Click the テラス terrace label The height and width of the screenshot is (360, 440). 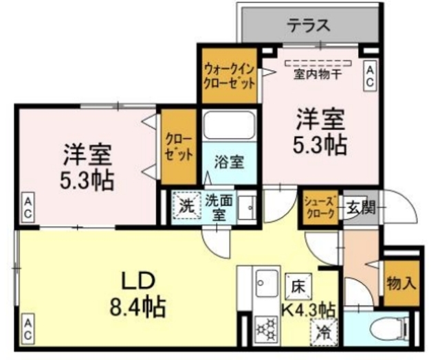tap(307, 26)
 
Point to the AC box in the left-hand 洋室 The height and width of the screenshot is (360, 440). tap(28, 208)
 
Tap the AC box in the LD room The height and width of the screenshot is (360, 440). tap(28, 325)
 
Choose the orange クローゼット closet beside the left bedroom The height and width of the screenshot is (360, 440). tap(179, 146)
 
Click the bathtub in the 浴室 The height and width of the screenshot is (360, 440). tap(229, 126)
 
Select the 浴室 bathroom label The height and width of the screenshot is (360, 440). tap(229, 163)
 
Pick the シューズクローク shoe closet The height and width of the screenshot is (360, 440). tap(320, 207)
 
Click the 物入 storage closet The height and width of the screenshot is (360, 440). tap(401, 282)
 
